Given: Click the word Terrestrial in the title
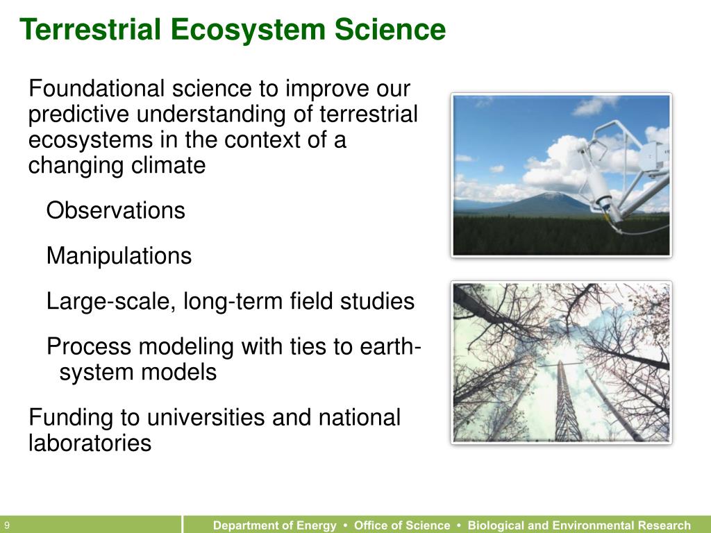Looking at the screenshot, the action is coord(90,29).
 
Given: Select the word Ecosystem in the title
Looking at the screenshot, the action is coord(248,30).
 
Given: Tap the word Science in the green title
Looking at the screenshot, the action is coord(390,29).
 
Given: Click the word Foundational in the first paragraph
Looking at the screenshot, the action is coord(96,88).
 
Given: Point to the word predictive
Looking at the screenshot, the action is coord(78,115).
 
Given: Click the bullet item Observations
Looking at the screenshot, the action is coord(116,210).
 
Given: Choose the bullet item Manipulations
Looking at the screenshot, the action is coord(119,255).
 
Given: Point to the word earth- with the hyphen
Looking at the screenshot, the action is coord(391,346).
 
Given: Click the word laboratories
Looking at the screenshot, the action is coord(90,442).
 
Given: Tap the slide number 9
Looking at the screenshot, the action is coord(7,525).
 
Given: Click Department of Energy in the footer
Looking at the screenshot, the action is coord(275,525).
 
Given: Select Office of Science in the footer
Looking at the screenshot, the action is coord(402,525).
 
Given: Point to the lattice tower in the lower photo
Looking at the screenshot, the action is coord(564,400).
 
